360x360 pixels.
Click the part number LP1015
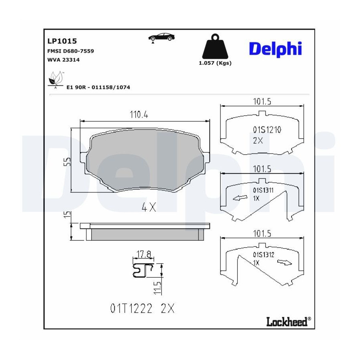[x=62, y=41]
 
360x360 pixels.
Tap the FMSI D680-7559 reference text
[x=70, y=51]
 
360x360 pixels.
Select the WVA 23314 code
[x=63, y=60]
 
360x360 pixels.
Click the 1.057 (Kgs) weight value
[x=215, y=63]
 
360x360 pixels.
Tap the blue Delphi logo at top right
[x=275, y=49]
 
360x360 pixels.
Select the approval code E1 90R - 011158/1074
[x=98, y=87]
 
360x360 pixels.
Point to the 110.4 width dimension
[x=139, y=114]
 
